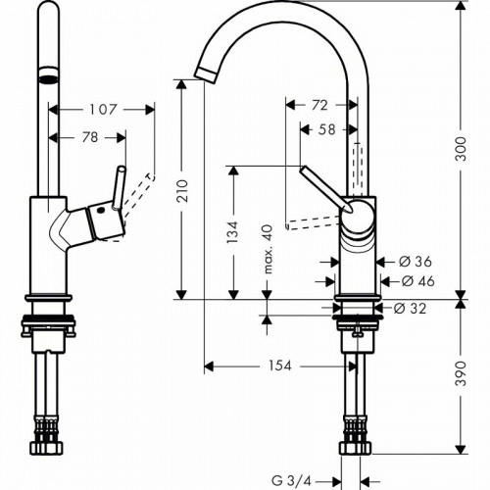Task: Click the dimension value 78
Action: coord(89,139)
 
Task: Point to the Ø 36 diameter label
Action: coord(417,261)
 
